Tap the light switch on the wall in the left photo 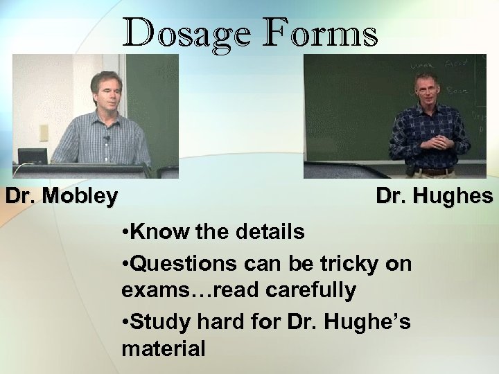point(44,132)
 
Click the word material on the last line point(164,348)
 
